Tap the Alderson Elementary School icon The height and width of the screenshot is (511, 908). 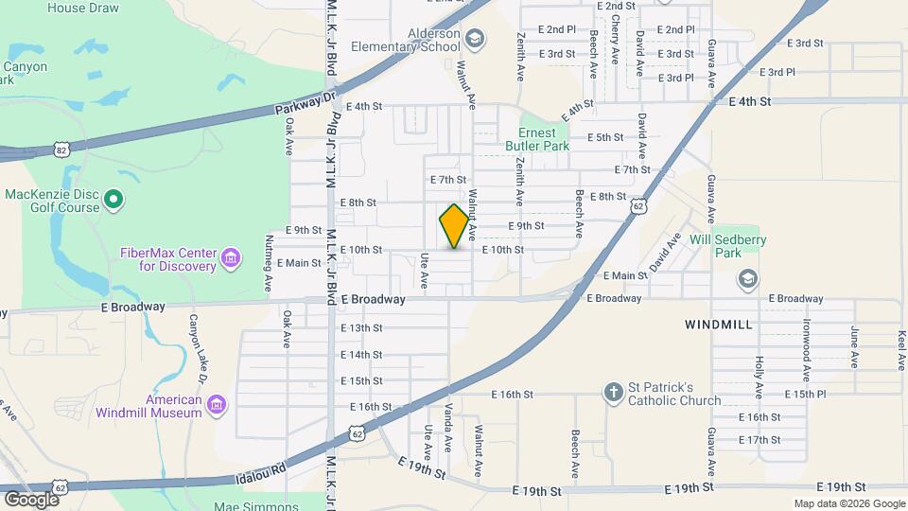tap(476, 39)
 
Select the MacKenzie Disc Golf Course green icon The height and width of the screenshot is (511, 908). tap(113, 200)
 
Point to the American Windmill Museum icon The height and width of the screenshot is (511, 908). tap(217, 405)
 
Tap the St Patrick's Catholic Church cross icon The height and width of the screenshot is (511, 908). tap(613, 392)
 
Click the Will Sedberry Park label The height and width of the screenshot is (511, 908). tap(727, 247)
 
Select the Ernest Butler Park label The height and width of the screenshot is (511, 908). tap(543, 140)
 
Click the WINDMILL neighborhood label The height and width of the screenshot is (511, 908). tap(718, 325)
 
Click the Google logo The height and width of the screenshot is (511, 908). tap(31, 499)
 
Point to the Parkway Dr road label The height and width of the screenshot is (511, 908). tap(306, 102)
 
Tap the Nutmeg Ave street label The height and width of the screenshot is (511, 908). tap(269, 250)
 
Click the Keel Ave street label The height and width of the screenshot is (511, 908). tap(902, 349)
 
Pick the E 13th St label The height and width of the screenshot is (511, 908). tap(361, 328)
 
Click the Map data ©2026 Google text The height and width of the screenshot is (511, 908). tap(848, 503)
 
